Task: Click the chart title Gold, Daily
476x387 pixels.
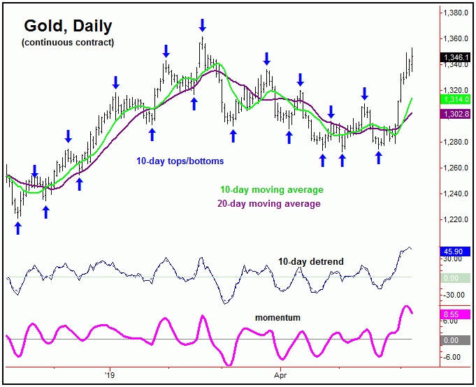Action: [68, 26]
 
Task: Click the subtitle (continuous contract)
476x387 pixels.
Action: [67, 43]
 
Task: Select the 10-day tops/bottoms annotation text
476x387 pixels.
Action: [180, 161]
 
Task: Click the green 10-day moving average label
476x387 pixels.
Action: [271, 190]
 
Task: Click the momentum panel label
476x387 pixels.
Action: [278, 318]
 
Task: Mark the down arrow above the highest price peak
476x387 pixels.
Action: [202, 25]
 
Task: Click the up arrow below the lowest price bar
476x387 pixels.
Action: [18, 228]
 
